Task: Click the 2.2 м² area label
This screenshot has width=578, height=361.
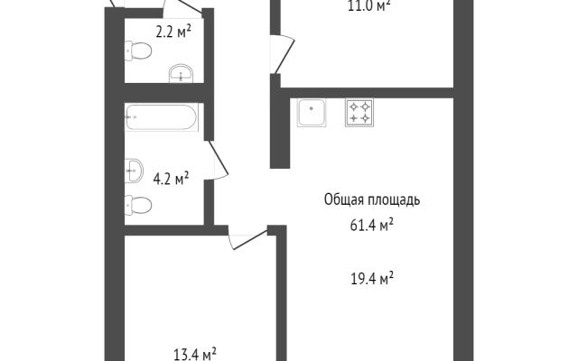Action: pos(173,32)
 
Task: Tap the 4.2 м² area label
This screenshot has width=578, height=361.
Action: pos(171,179)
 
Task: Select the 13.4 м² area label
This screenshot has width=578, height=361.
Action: pos(195,354)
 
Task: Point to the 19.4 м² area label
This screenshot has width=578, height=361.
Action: pos(372,278)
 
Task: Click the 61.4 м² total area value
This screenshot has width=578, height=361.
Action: pos(372,225)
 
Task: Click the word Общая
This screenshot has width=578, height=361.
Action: pos(344,200)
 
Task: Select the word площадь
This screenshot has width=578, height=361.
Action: pos(394,200)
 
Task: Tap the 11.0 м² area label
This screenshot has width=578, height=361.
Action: pos(369,6)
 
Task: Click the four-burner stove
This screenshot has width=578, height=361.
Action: pos(359,112)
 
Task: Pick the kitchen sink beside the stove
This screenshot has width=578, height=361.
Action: pos(312,112)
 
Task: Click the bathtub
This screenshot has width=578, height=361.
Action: pos(162,117)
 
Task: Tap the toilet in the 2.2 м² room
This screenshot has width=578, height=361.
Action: pos(138,51)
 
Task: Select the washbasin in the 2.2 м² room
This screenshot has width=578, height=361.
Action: pos(181,74)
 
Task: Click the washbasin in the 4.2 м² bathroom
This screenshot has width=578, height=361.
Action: pos(134,171)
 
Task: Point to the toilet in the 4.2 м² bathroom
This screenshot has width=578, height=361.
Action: pos(138,205)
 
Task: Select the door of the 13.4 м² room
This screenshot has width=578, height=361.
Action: pos(247,239)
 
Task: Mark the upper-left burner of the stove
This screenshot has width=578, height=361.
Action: pos(354,106)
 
